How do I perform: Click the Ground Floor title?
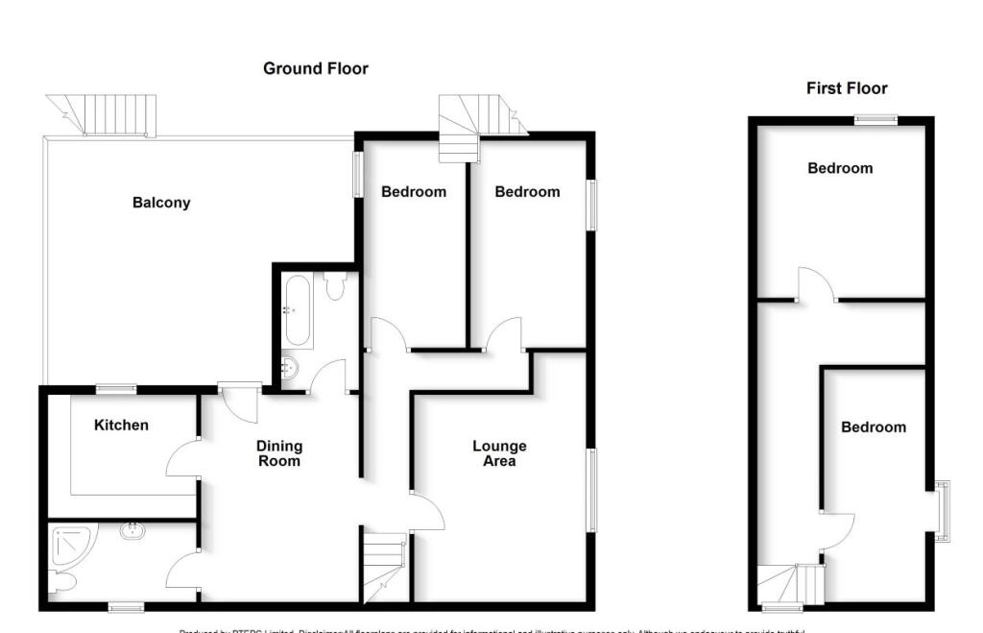point(316,69)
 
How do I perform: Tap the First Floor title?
point(846,88)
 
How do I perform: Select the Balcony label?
point(161,203)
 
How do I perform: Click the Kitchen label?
point(121,425)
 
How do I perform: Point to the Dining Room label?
point(279,453)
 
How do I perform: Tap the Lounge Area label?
point(499,453)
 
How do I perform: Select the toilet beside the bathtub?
point(335,286)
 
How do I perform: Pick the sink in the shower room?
point(132,529)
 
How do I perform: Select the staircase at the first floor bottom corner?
point(792,584)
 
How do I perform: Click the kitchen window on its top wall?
point(115,389)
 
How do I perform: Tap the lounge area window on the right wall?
point(591,490)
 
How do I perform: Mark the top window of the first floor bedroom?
point(876,120)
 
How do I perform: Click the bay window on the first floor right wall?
point(943,510)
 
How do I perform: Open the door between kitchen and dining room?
point(182,458)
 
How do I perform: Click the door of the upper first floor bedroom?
point(815,286)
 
